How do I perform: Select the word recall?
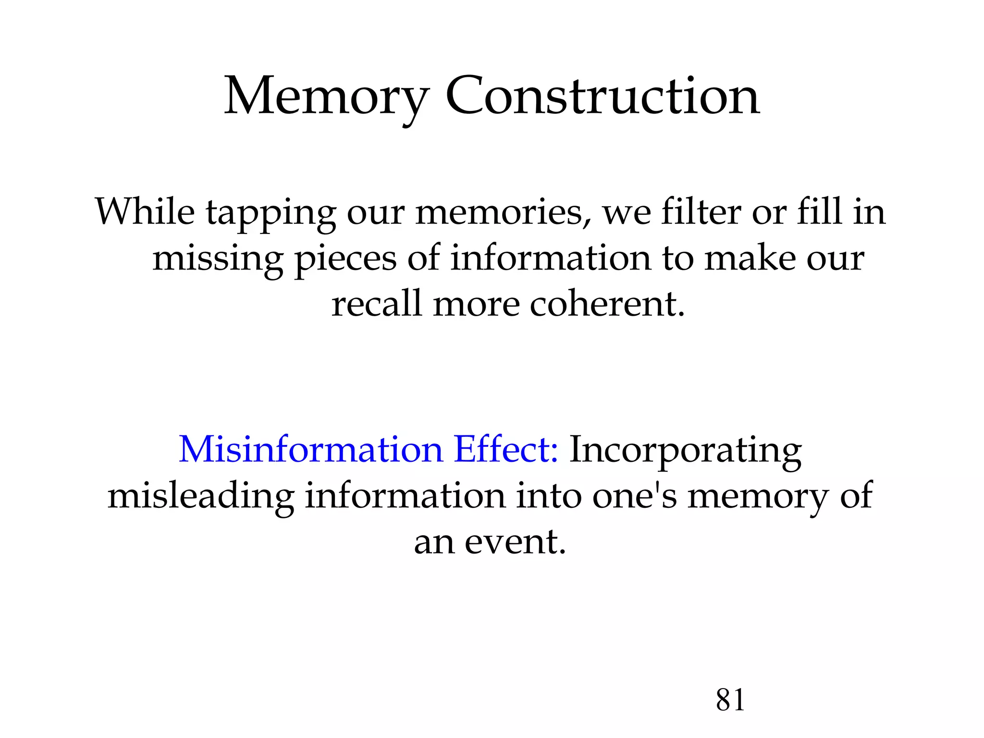377,304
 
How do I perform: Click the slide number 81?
730,700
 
